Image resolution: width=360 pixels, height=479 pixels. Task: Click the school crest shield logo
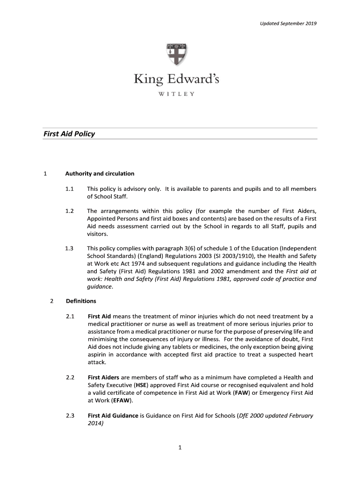click(177, 55)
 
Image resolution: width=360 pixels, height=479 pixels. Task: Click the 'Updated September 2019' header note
click(288, 23)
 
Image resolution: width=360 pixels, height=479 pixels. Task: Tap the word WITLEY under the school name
click(176, 94)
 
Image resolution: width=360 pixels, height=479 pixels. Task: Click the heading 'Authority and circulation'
click(100, 174)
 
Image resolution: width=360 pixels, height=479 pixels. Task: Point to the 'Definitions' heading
click(81, 301)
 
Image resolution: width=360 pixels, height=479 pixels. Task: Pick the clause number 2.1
click(71, 317)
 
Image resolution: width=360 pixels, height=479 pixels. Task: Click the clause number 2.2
click(71, 377)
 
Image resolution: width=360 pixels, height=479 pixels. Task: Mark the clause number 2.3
click(71, 415)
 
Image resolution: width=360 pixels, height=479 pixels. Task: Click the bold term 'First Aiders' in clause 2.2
click(103, 377)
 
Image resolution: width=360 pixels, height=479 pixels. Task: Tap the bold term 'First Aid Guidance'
click(113, 415)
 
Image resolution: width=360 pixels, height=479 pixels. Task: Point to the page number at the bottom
click(180, 448)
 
